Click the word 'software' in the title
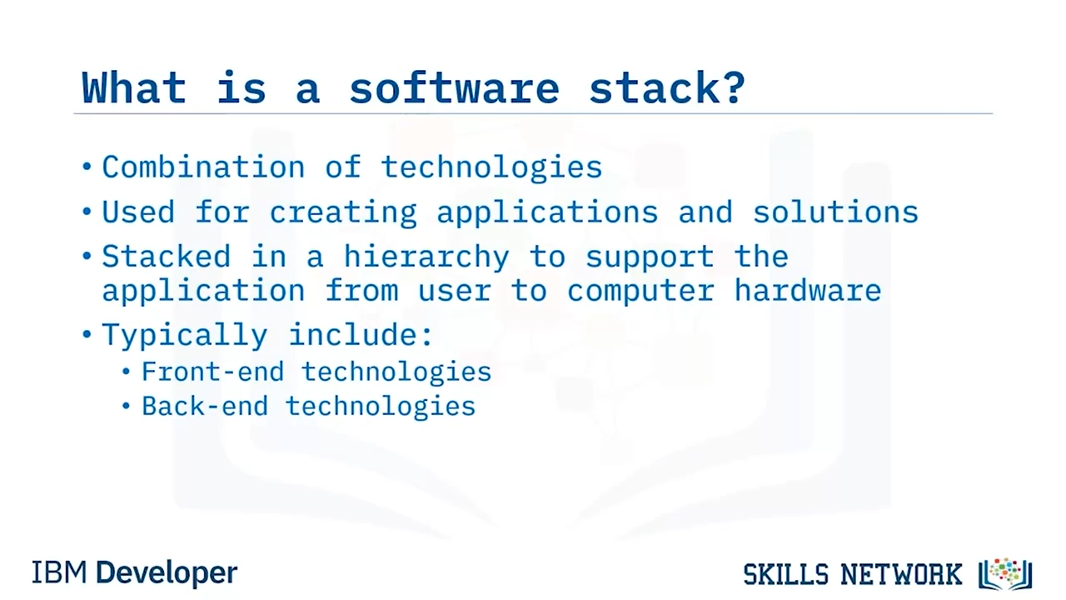point(455,87)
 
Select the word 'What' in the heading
point(134,87)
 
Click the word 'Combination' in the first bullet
point(204,167)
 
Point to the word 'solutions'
point(835,212)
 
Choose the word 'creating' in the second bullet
point(344,212)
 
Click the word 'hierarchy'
point(427,257)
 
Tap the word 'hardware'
point(808,290)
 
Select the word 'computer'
point(641,292)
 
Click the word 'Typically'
point(185,335)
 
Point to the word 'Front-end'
point(212,372)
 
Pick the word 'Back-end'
point(205,406)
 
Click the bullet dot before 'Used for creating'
point(87,212)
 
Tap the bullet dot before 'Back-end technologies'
point(126,406)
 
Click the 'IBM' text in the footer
point(59,572)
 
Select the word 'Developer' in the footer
point(167,573)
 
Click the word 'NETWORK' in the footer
point(901,574)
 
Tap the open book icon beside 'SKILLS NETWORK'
point(1005,574)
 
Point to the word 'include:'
point(361,334)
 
